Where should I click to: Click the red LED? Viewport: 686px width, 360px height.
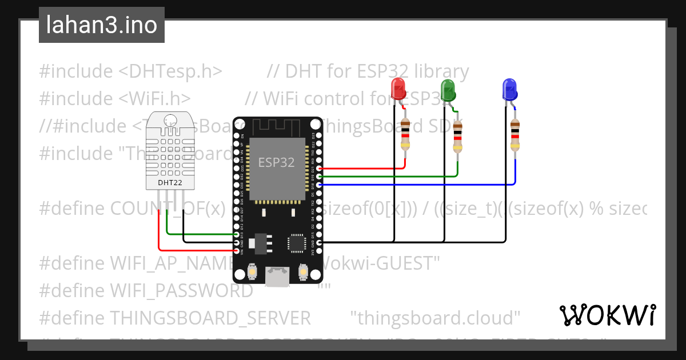point(398,89)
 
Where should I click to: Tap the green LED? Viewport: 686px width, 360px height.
point(448,89)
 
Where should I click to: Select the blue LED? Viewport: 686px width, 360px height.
point(509,89)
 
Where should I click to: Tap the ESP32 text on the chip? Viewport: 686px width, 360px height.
point(276,162)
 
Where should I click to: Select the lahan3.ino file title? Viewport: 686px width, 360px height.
point(102,25)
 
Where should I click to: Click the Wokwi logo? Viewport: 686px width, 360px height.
point(607,315)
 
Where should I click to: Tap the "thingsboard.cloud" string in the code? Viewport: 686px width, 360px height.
point(435,318)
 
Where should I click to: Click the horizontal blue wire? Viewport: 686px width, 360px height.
point(417,185)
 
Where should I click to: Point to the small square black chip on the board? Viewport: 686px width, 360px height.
point(297,242)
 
